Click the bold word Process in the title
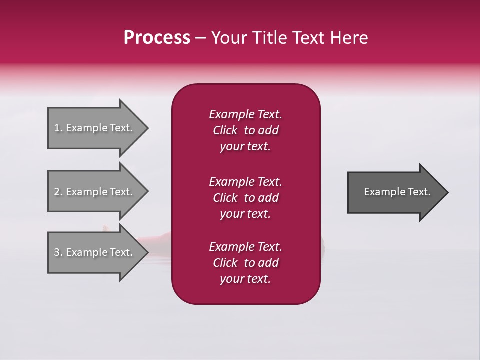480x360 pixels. click(x=157, y=38)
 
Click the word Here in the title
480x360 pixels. click(x=350, y=38)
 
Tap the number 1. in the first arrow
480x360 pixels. click(x=58, y=128)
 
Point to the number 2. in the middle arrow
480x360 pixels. click(x=58, y=192)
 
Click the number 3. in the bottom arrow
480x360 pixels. click(x=58, y=252)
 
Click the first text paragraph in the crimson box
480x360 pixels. click(x=245, y=130)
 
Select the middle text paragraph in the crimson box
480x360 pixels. click(x=245, y=198)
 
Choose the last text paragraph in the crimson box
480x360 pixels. click(x=245, y=263)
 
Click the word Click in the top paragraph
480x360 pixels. click(x=225, y=130)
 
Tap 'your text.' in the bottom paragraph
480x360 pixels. click(x=245, y=279)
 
